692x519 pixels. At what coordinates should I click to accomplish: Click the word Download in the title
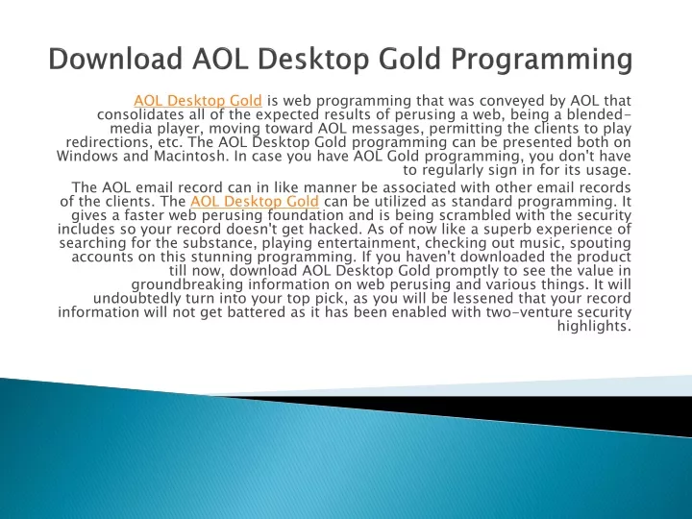pos(115,59)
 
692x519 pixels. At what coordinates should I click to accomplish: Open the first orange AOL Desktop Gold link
pos(198,101)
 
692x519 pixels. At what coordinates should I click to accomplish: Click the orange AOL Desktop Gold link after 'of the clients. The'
pos(255,202)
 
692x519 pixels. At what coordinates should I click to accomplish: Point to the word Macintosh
pos(190,157)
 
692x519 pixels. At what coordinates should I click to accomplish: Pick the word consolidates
pos(140,114)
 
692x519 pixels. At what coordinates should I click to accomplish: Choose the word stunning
pos(222,258)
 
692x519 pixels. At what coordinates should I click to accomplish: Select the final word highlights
pos(594,327)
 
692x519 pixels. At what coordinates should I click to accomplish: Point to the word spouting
pos(600,244)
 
